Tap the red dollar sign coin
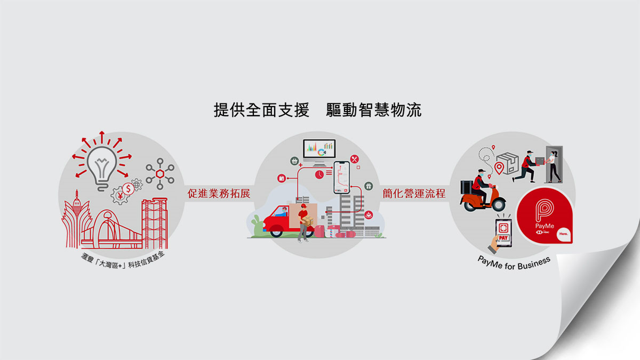(x=128, y=188)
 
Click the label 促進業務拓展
(x=219, y=193)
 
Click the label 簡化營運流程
(x=414, y=193)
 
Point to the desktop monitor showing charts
(x=318, y=148)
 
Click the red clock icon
(x=319, y=174)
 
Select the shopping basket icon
(x=294, y=161)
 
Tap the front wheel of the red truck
(x=276, y=231)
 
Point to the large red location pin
(x=500, y=169)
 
